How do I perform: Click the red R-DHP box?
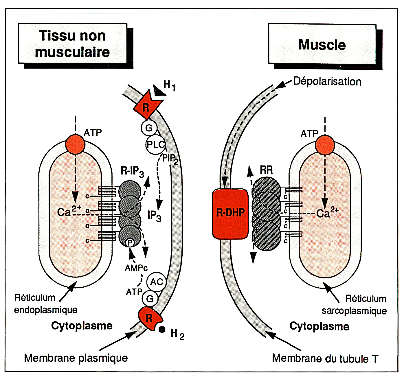tap(230, 214)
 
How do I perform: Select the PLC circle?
tap(155, 144)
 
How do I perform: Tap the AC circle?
tap(157, 282)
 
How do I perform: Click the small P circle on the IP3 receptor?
tap(130, 242)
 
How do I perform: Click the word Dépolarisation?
tap(327, 81)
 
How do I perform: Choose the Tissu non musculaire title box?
tap(72, 44)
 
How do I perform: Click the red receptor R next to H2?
tap(149, 318)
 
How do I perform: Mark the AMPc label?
tap(136, 268)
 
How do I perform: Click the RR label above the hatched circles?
tap(266, 170)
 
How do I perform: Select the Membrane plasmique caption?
tap(76, 358)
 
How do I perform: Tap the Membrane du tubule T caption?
tap(325, 359)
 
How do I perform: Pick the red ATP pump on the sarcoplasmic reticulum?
tap(325, 145)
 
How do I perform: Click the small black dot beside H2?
tap(162, 329)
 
